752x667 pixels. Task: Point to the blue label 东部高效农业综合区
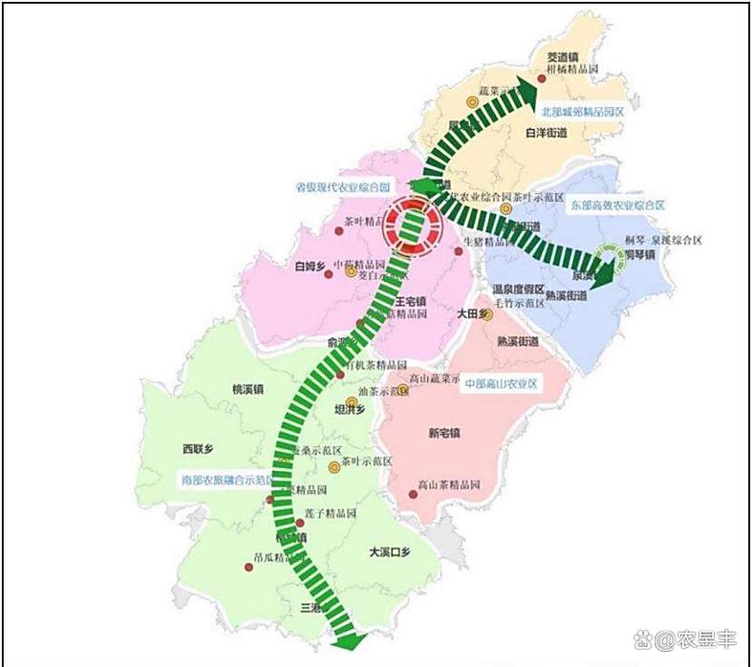click(617, 205)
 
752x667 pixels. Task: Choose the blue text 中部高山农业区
click(502, 383)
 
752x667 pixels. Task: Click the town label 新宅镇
click(444, 433)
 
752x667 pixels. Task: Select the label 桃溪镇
click(247, 390)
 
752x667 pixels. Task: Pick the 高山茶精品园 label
click(449, 484)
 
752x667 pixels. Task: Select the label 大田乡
click(472, 312)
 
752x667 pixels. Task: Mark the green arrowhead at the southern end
click(348, 637)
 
